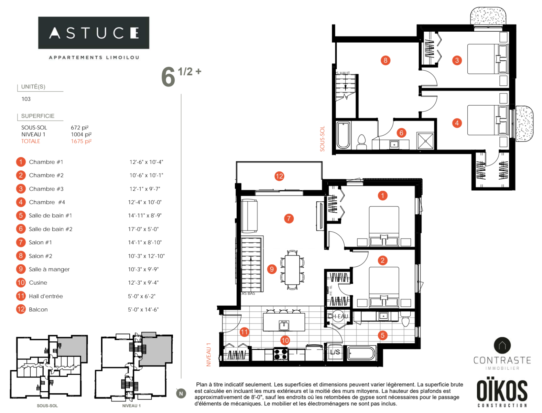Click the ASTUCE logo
click(94, 33)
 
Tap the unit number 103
click(26, 99)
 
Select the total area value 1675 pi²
click(81, 141)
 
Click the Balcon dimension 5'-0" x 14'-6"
click(143, 310)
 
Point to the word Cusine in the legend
click(38, 283)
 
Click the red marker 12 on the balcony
click(279, 176)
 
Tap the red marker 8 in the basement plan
click(385, 60)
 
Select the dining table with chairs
click(292, 269)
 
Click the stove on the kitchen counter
click(281, 354)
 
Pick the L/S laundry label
click(335, 352)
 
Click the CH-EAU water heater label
click(338, 316)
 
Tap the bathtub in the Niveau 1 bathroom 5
click(361, 353)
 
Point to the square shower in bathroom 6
click(426, 141)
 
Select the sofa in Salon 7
click(249, 216)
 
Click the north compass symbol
click(181, 393)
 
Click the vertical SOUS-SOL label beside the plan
click(322, 139)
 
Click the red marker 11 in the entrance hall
click(244, 332)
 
